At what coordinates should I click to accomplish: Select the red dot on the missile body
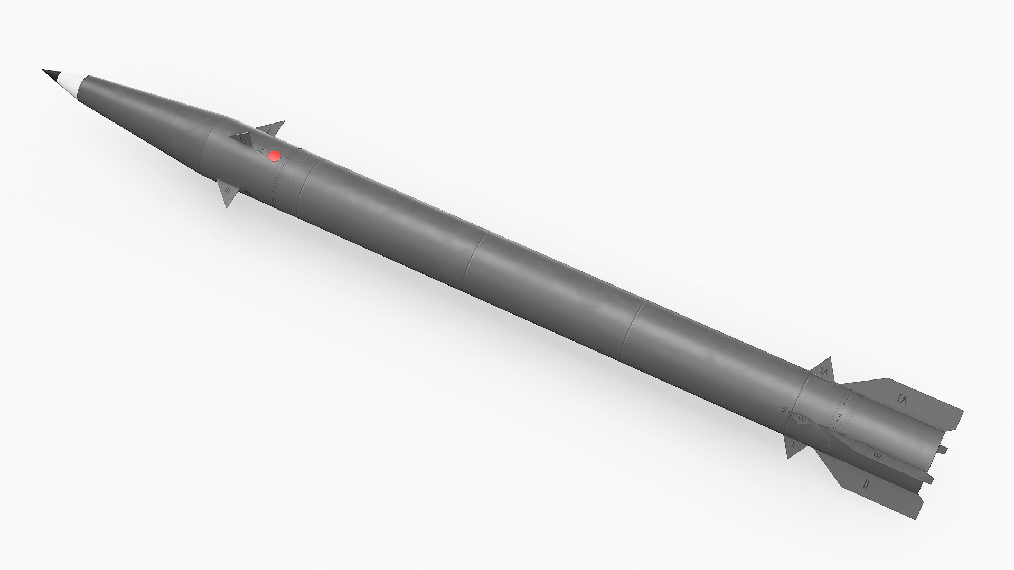(274, 156)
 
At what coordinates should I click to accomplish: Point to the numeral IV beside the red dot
(259, 149)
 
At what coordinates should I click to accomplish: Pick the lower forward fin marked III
(229, 194)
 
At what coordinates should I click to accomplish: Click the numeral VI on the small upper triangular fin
(824, 373)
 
